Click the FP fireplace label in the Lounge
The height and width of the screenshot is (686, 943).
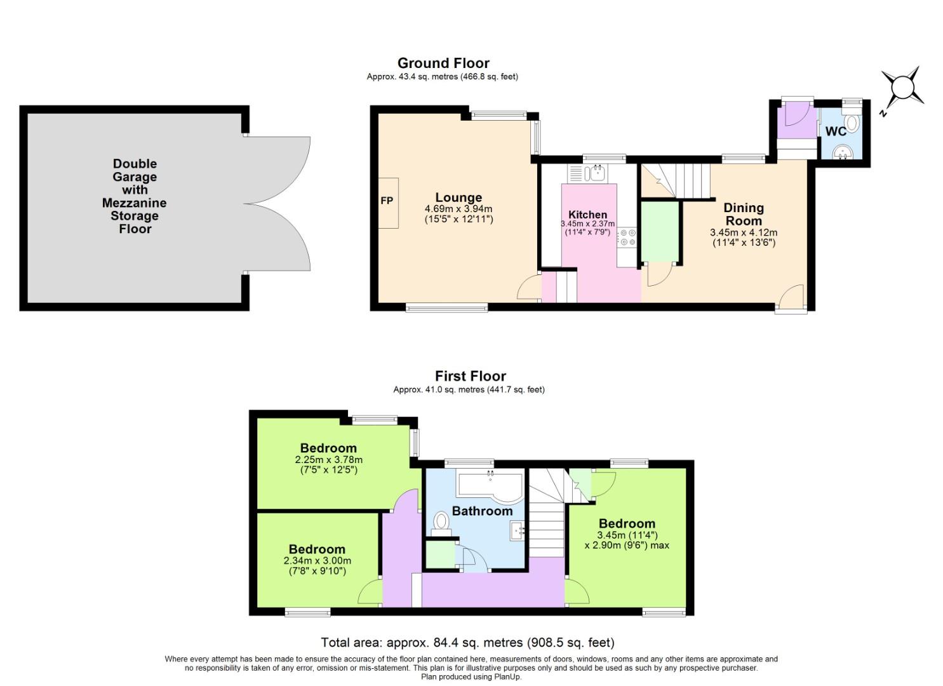[x=387, y=201]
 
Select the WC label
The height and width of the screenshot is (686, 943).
[x=835, y=131]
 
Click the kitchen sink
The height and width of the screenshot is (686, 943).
[x=598, y=172]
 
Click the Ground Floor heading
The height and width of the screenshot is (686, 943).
[x=443, y=64]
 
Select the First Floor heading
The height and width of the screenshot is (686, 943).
[x=470, y=376]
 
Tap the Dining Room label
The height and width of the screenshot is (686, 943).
[x=743, y=214]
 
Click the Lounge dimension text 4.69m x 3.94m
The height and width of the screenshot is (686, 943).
[x=458, y=209]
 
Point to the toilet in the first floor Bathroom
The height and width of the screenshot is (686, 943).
[x=441, y=522]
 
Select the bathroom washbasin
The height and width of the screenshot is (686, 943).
[x=517, y=530]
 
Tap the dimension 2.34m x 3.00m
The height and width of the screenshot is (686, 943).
[x=317, y=561]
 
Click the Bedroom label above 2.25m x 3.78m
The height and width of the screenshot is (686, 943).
[x=328, y=448]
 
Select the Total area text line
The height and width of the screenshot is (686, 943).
[x=467, y=642]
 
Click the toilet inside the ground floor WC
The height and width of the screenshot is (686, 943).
[x=852, y=123]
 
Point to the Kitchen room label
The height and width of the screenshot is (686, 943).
[x=587, y=215]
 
